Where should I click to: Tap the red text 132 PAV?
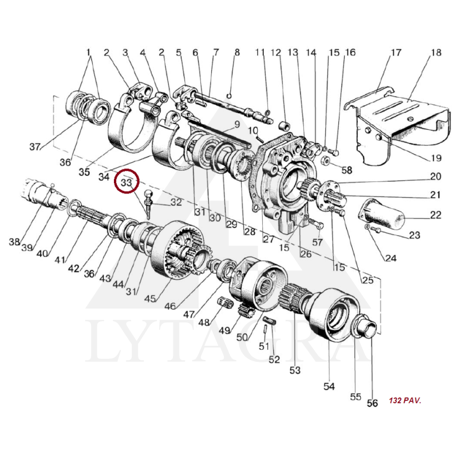click(405, 400)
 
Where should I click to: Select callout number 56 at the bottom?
click(373, 403)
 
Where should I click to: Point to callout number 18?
click(436, 53)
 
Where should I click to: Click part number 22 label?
click(436, 215)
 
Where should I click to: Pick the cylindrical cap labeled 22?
click(381, 214)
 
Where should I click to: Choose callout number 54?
click(329, 386)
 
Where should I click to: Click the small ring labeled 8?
click(230, 95)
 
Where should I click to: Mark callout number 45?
click(150, 298)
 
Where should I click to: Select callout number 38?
click(14, 242)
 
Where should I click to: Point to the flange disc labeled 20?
click(330, 195)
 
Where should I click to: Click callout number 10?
click(253, 130)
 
